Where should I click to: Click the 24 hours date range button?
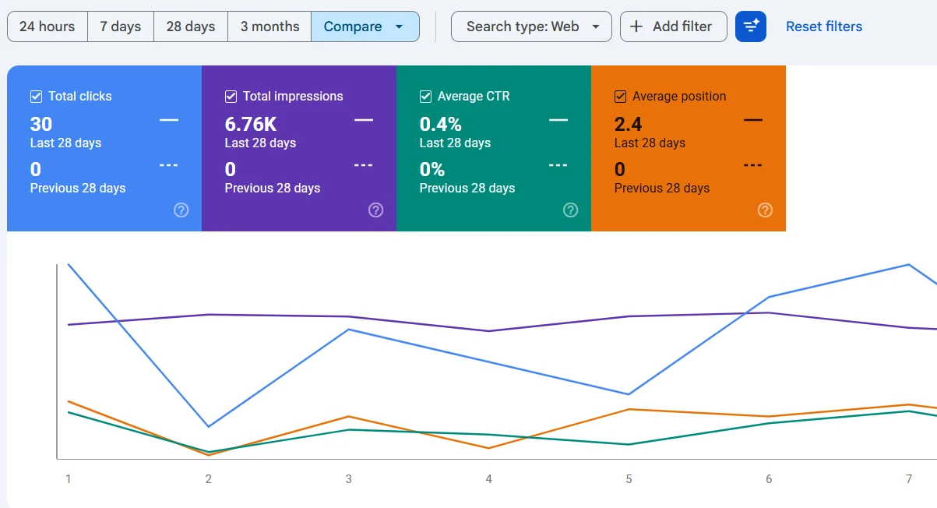[48, 26]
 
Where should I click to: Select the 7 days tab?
[121, 26]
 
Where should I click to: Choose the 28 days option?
[191, 26]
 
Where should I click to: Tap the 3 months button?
[269, 26]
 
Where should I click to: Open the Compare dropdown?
[365, 26]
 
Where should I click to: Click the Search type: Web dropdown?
[531, 26]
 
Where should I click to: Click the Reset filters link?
[824, 26]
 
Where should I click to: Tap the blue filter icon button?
[751, 26]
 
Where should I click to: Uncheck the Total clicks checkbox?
[36, 97]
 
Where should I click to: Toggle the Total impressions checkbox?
[231, 97]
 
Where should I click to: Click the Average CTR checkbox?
[425, 97]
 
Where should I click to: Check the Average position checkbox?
[620, 97]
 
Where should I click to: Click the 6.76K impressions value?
[251, 125]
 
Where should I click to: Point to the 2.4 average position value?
[628, 125]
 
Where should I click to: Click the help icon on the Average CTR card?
[571, 210]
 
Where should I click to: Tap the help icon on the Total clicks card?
[181, 210]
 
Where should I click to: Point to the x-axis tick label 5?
[629, 479]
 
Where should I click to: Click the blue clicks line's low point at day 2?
[208, 426]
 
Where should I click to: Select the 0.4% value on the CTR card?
[441, 125]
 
